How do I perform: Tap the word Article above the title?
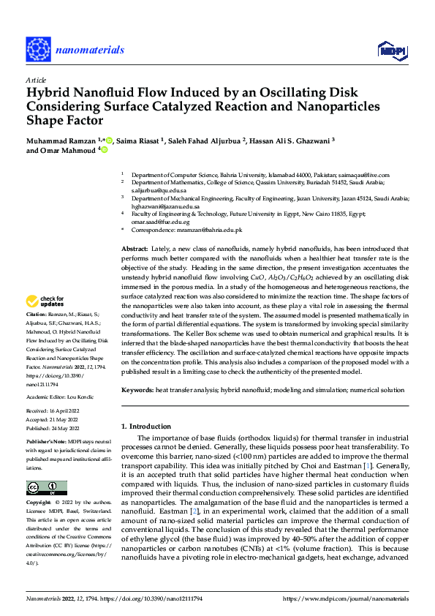pyautogui.click(x=36, y=80)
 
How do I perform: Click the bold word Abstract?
pyautogui.click(x=135, y=249)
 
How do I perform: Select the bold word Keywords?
pyautogui.click(x=137, y=391)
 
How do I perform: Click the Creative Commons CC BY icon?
pyautogui.click(x=46, y=488)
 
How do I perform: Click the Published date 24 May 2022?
pyautogui.click(x=56, y=428)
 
